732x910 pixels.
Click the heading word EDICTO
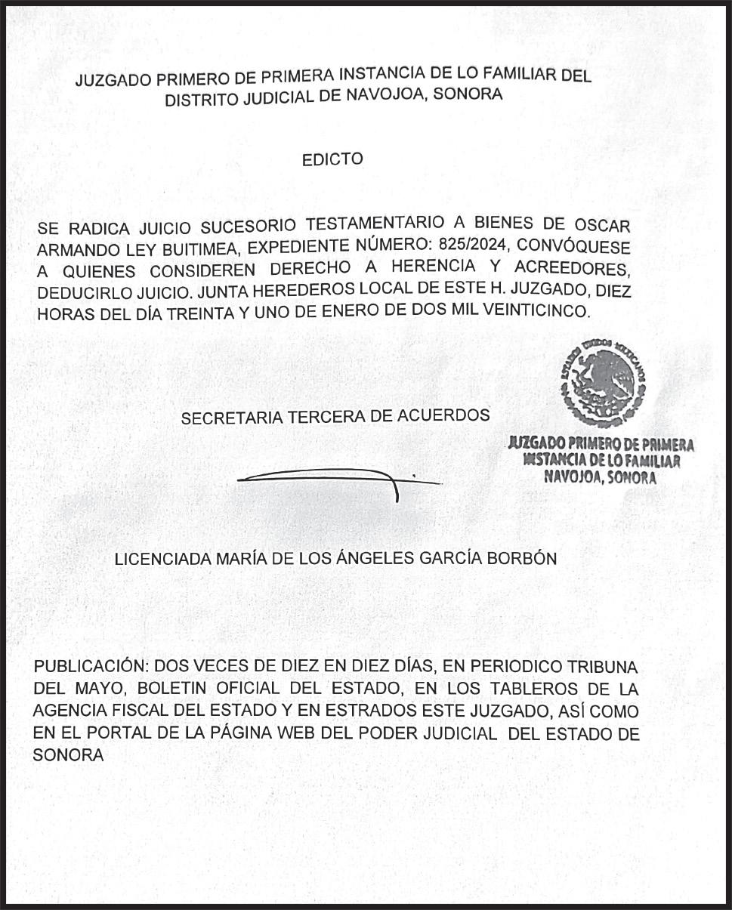332,159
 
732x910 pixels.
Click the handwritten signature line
325,479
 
